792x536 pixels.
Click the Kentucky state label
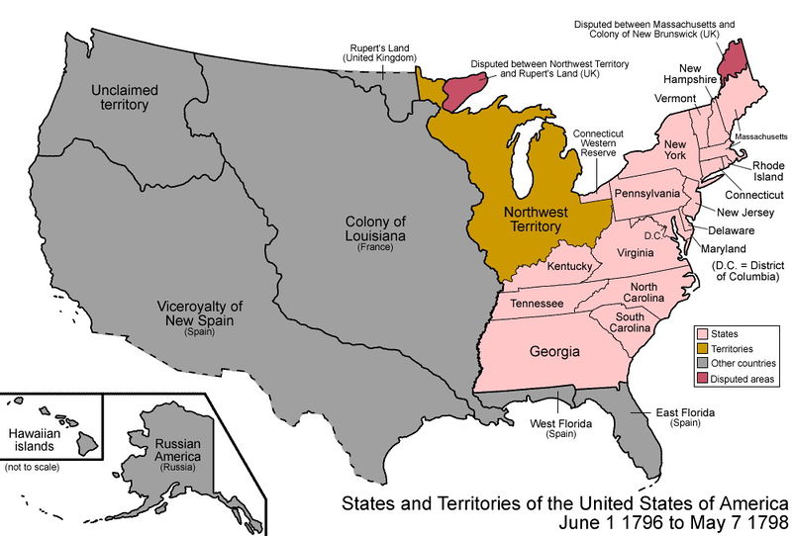[568, 267]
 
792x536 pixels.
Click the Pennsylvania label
[646, 192]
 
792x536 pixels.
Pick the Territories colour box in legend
[703, 349]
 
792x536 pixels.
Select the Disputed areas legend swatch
[703, 378]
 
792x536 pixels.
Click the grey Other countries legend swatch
[703, 364]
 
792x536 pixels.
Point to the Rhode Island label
[767, 172]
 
